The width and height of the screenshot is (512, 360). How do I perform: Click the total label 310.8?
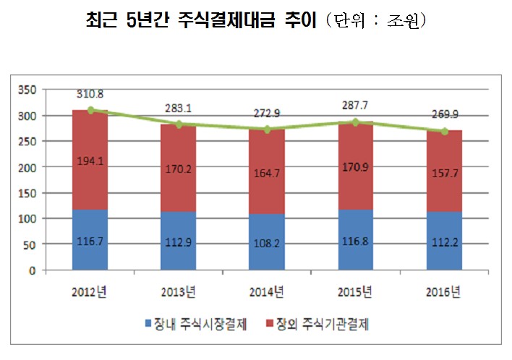pyautogui.click(x=90, y=94)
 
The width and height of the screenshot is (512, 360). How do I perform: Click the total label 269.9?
pyautogui.click(x=444, y=114)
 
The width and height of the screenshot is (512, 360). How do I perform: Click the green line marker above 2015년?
pyautogui.click(x=355, y=122)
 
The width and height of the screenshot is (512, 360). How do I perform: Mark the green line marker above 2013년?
pyautogui.click(x=179, y=124)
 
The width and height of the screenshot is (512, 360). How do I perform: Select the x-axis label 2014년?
pyautogui.click(x=267, y=291)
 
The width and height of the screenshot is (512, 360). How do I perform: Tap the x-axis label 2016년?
pyautogui.click(x=444, y=291)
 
